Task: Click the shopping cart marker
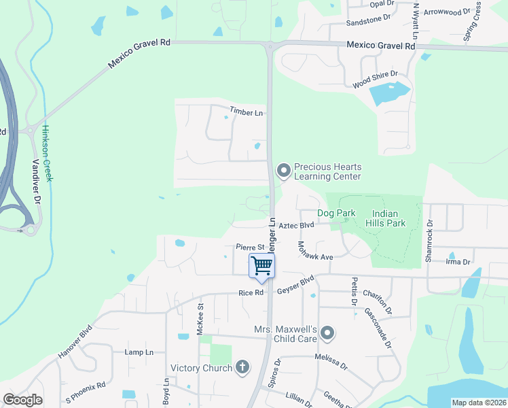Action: tap(261, 266)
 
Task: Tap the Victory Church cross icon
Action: tap(242, 368)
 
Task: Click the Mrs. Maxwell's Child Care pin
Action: tap(327, 333)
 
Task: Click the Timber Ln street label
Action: tap(246, 112)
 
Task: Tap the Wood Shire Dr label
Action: tap(375, 79)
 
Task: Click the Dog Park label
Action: tap(336, 213)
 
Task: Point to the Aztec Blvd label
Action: tap(297, 224)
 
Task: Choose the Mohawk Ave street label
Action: tap(315, 253)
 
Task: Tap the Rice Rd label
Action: tap(250, 293)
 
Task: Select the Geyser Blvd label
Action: tap(295, 286)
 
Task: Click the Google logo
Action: tap(23, 400)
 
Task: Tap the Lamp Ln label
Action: tap(139, 352)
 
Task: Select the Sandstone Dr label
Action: tap(369, 21)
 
